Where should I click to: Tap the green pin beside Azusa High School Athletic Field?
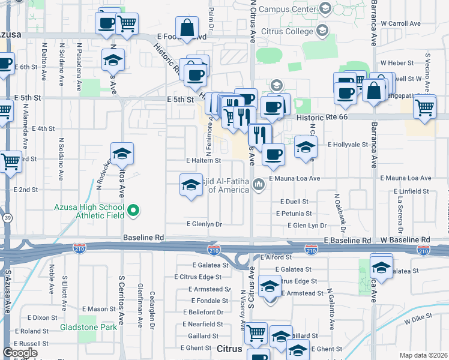coord(134,211)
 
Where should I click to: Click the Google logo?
coord(20,353)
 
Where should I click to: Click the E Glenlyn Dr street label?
coord(204,224)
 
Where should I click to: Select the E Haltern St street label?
coord(203,161)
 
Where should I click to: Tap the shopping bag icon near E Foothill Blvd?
coord(187,27)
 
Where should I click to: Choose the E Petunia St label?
coord(294,214)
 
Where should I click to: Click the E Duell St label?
coord(292,202)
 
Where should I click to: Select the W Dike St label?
coord(418,321)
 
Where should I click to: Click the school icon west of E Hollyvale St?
coord(306,147)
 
